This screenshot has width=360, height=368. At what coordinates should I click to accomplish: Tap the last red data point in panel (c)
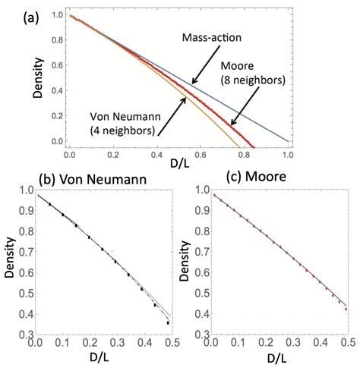click(x=346, y=309)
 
